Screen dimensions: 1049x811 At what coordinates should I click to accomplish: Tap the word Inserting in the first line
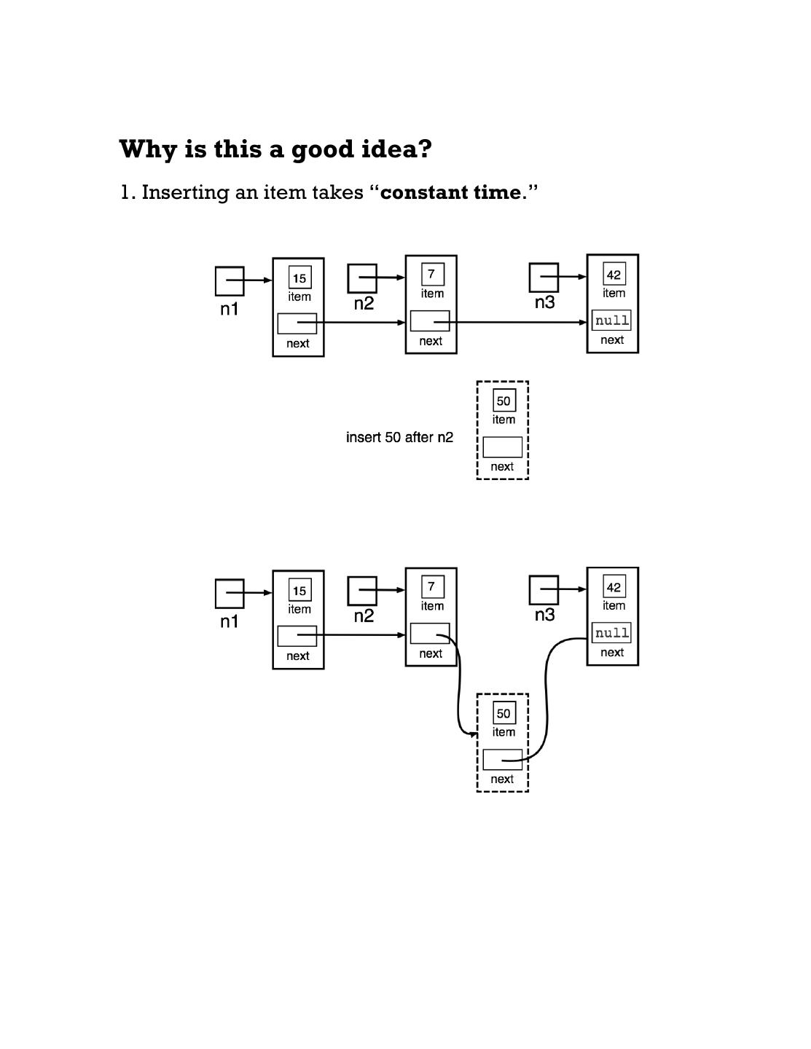click(185, 193)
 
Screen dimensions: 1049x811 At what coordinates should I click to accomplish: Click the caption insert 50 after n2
click(399, 437)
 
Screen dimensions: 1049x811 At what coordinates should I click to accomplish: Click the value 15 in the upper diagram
click(299, 278)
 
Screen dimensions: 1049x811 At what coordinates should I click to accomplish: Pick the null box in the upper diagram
click(611, 321)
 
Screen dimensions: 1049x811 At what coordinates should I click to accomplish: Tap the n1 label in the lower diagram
click(230, 621)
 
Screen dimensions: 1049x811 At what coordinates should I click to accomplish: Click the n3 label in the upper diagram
click(544, 302)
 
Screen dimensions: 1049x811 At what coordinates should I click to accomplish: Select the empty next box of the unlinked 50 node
click(502, 447)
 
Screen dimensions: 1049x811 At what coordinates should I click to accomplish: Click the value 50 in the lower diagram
click(504, 713)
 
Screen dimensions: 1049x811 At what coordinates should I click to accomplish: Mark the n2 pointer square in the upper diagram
click(362, 278)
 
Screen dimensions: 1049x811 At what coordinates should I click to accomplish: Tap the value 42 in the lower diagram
click(614, 587)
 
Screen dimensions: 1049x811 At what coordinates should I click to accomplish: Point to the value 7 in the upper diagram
click(432, 274)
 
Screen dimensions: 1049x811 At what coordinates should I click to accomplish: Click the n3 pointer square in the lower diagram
click(544, 590)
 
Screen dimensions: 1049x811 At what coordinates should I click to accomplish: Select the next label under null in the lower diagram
click(612, 653)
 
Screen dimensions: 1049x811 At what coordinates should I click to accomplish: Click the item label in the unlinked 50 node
click(504, 420)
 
